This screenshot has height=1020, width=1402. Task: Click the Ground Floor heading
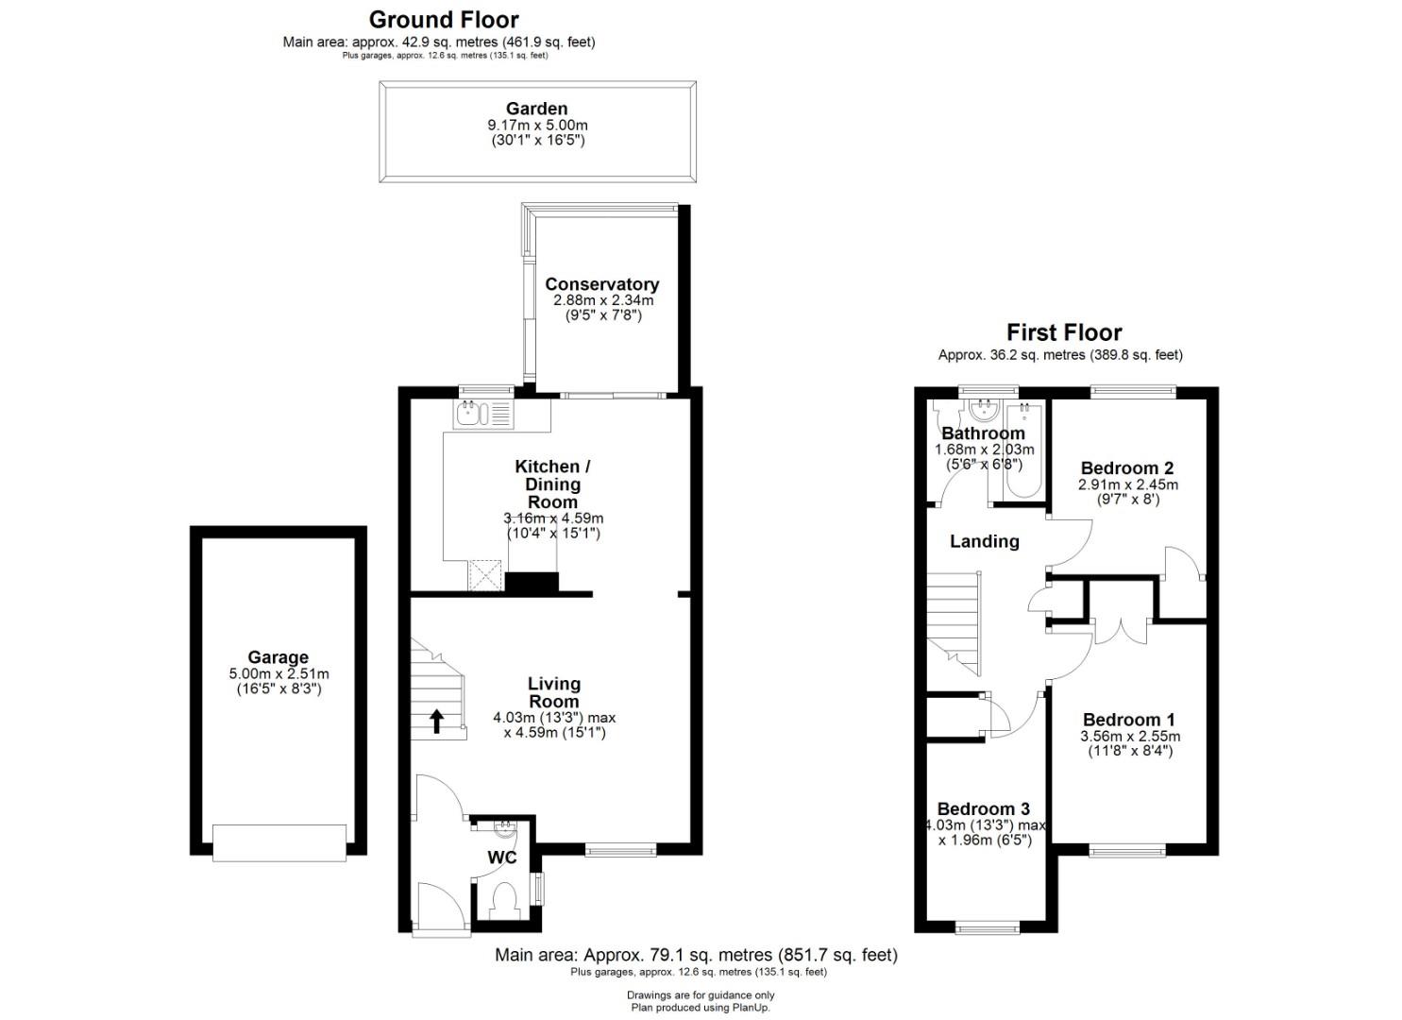(444, 20)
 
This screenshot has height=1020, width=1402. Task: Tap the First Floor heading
(1064, 331)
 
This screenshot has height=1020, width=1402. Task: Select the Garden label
(537, 109)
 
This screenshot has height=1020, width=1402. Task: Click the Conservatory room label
(601, 284)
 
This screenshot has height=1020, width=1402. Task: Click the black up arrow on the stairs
(436, 721)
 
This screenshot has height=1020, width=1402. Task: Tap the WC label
(502, 858)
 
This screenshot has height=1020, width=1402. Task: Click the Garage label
(278, 657)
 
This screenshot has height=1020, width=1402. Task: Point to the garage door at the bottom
(279, 842)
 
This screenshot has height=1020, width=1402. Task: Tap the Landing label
(985, 541)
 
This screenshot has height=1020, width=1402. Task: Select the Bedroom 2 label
(1127, 467)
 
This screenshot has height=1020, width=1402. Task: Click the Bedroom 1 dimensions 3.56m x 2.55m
(1130, 737)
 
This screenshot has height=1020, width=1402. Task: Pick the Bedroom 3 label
(983, 809)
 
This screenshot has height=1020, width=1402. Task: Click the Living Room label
(554, 692)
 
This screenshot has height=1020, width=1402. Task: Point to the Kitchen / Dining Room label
(552, 484)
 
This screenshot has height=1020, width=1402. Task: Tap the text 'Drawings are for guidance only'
(701, 994)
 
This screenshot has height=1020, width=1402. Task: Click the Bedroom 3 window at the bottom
(987, 927)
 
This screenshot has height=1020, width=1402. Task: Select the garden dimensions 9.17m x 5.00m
(537, 126)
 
